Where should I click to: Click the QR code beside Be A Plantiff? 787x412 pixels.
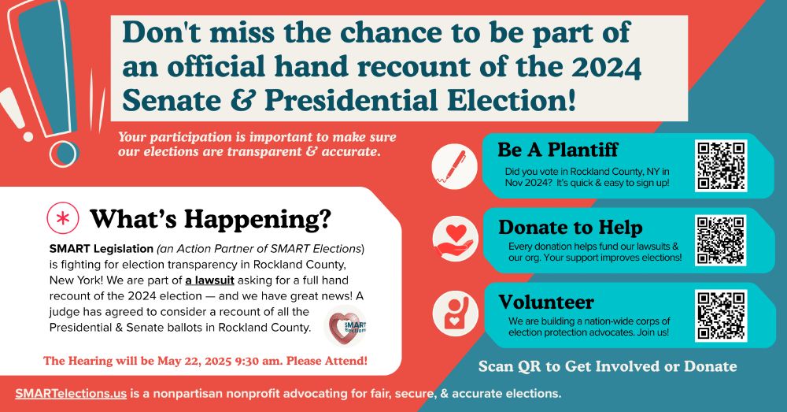(721, 165)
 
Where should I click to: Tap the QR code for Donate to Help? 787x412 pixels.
(721, 240)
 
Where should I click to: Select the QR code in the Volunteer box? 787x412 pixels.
(721, 316)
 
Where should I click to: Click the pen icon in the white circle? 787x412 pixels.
(454, 166)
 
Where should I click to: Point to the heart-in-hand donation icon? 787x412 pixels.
(455, 239)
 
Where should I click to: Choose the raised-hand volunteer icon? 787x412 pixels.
(455, 314)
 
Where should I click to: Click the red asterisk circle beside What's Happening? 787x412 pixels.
(63, 218)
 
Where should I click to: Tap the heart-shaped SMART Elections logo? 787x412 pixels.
(346, 326)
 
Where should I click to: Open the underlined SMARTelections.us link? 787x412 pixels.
(71, 393)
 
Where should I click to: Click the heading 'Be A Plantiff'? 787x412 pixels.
(558, 150)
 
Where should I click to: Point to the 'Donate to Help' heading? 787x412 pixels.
(570, 228)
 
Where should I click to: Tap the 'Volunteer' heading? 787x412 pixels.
(546, 302)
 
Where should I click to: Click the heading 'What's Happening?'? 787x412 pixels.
(211, 219)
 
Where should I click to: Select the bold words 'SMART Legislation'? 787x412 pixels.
(102, 249)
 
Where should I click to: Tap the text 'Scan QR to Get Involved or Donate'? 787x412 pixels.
(608, 366)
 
